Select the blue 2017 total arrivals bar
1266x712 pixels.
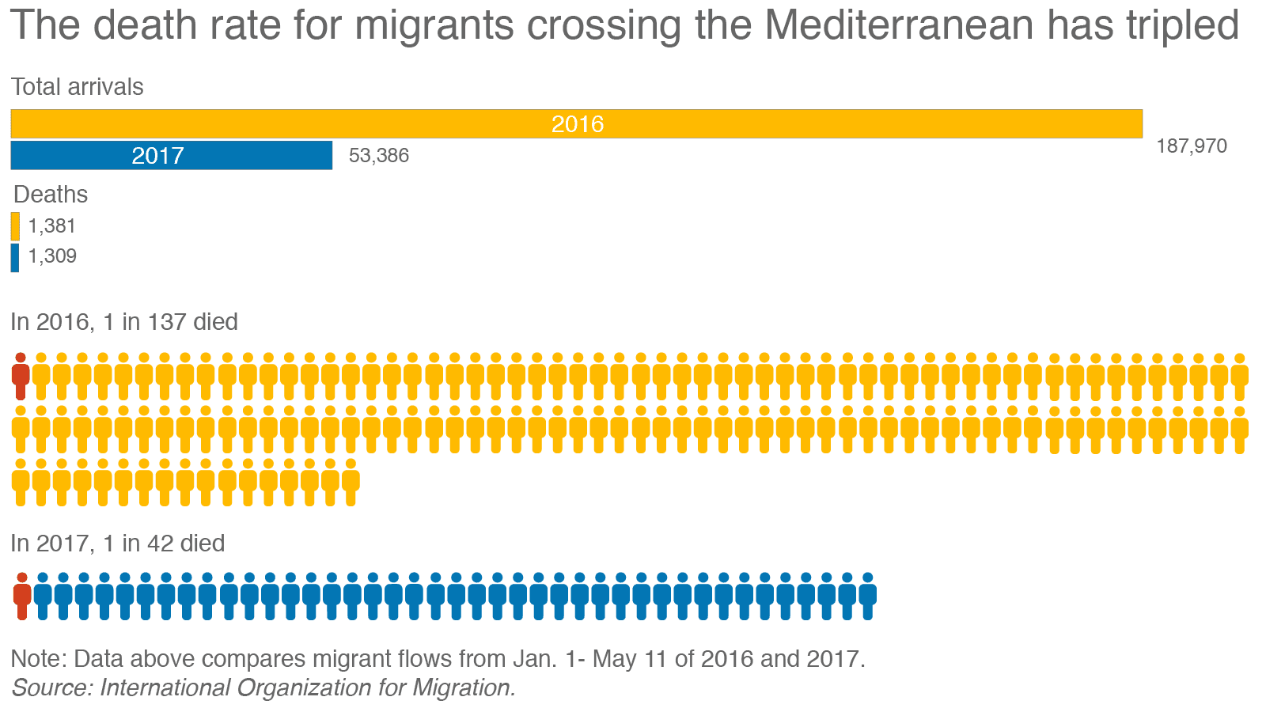click(171, 155)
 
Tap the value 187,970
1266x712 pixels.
click(1192, 146)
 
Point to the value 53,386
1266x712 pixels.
click(379, 155)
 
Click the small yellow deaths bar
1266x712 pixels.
click(15, 226)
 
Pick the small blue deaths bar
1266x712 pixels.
click(15, 257)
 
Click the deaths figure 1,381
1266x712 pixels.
click(52, 226)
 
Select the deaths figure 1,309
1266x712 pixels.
click(52, 256)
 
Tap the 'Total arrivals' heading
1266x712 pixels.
click(78, 87)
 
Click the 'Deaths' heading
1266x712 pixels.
click(51, 195)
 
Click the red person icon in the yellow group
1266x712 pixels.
click(21, 376)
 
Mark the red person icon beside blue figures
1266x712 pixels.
click(22, 596)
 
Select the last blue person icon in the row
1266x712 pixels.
click(867, 596)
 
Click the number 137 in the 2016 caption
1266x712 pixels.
click(166, 322)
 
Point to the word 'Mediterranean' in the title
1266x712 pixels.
click(899, 25)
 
